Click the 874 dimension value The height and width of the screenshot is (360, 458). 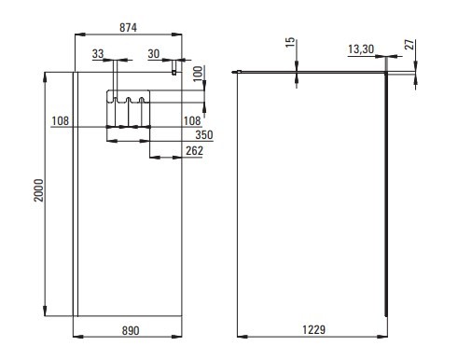click(128, 28)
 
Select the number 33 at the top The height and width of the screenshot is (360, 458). click(98, 54)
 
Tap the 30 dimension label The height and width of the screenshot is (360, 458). click(154, 54)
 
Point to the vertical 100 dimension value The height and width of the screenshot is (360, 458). click(198, 74)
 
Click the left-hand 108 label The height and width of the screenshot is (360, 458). click(60, 120)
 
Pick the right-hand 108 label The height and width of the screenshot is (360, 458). click(192, 120)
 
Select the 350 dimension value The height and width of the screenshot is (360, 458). click(204, 135)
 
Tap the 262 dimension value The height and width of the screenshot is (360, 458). click(194, 151)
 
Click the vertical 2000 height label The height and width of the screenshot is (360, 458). click(38, 190)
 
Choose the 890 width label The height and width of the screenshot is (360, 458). click(131, 330)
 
